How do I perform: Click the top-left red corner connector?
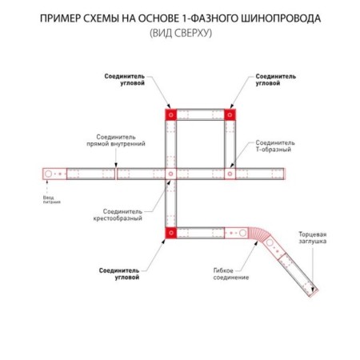pyautogui.click(x=171, y=115)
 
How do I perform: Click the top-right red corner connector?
pyautogui.click(x=230, y=115)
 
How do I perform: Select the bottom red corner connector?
pyautogui.click(x=171, y=233)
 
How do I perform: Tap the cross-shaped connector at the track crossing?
pyautogui.click(x=171, y=174)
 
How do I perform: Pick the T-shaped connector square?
pyautogui.click(x=230, y=174)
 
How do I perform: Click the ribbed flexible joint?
pyautogui.click(x=258, y=234)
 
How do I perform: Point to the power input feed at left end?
pyautogui.click(x=54, y=174)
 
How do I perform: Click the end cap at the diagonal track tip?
pyautogui.click(x=314, y=293)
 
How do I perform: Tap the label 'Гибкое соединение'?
pyautogui.click(x=231, y=274)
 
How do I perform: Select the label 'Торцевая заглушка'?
pyautogui.click(x=312, y=238)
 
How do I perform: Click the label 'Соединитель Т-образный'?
pyautogui.click(x=275, y=146)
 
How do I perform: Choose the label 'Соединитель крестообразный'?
pyautogui.click(x=118, y=215)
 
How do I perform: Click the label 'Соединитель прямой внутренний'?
pyautogui.click(x=116, y=140)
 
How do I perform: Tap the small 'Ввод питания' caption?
pyautogui.click(x=51, y=200)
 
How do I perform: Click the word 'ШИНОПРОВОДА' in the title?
pyautogui.click(x=281, y=18)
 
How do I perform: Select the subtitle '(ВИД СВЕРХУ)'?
pyautogui.click(x=181, y=33)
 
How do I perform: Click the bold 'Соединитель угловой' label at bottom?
pyautogui.click(x=119, y=274)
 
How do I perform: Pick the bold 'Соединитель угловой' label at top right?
pyautogui.click(x=276, y=79)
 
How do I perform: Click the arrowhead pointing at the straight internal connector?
pyautogui.click(x=116, y=166)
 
